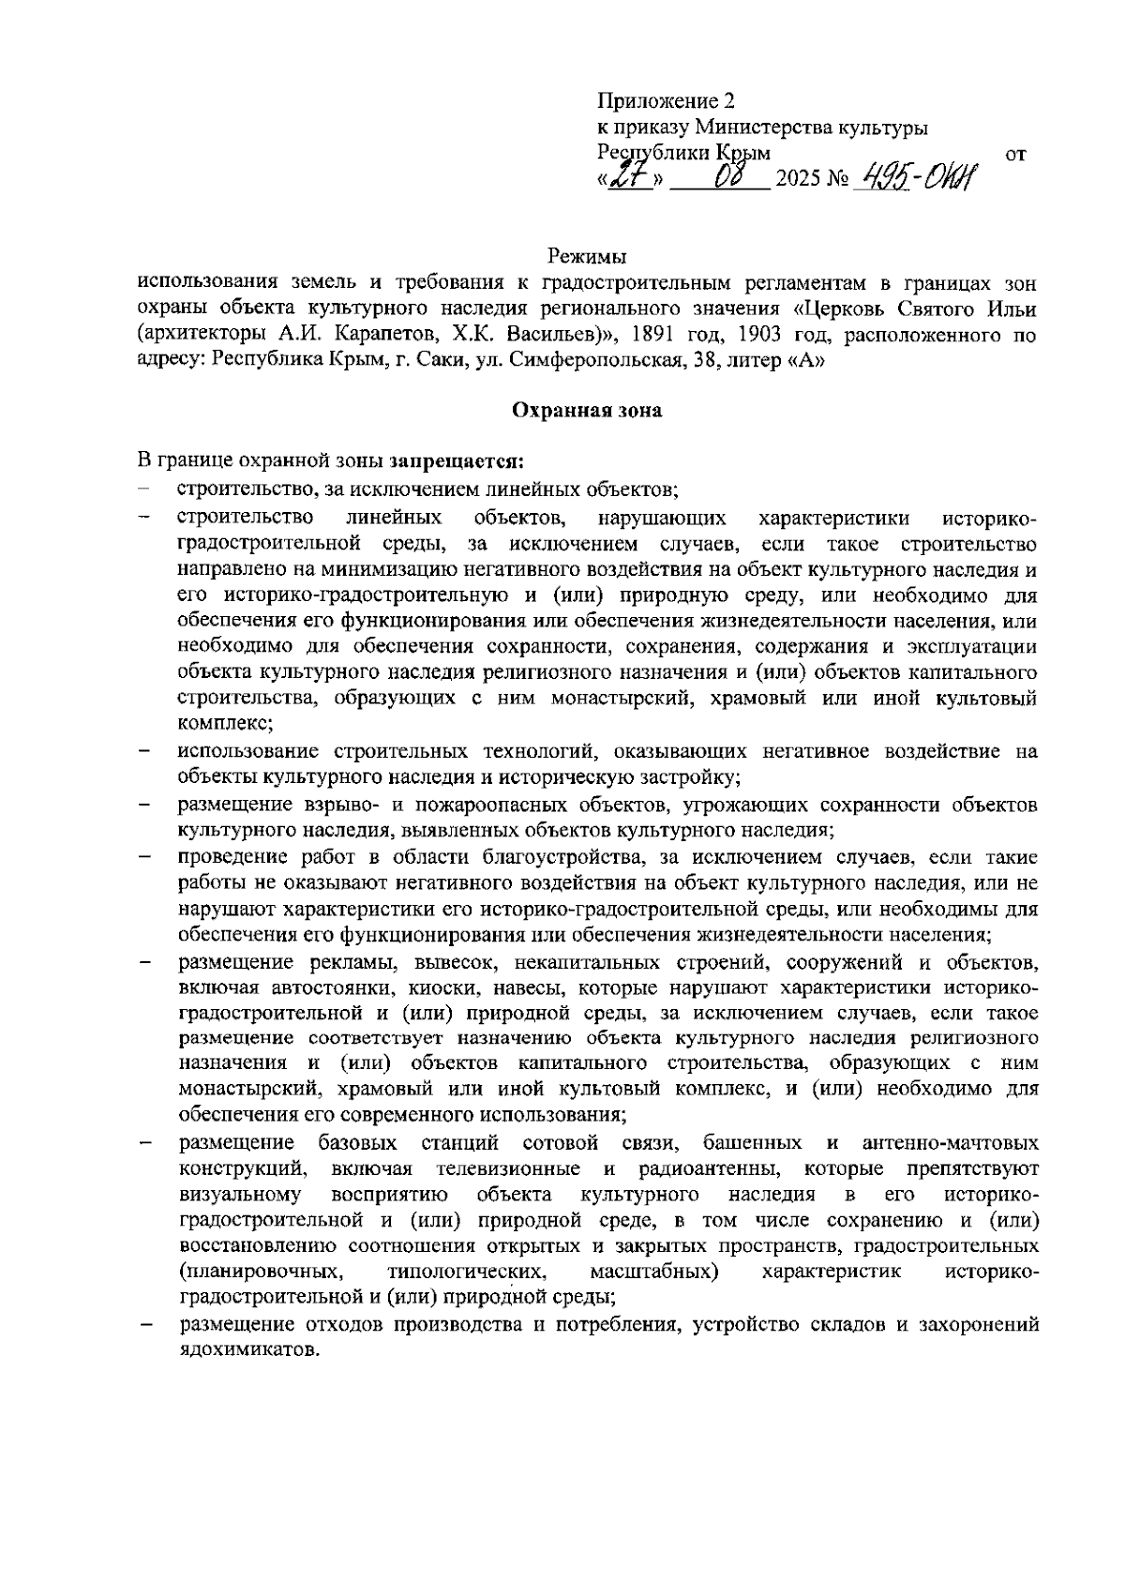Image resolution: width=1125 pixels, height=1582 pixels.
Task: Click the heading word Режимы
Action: tap(587, 255)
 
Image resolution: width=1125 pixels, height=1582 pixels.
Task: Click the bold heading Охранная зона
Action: tap(587, 410)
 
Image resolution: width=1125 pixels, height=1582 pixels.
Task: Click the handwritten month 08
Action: tap(726, 175)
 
